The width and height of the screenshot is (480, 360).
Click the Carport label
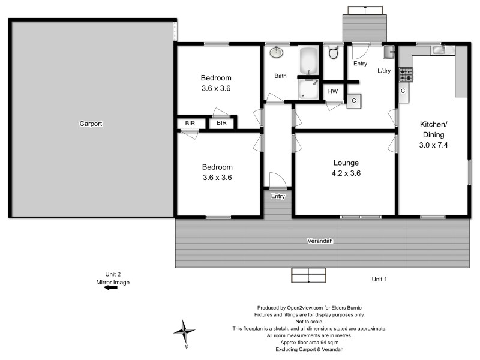[x=91, y=124]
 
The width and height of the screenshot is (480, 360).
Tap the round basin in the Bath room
[x=277, y=53]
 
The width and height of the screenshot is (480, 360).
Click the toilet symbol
[x=334, y=53]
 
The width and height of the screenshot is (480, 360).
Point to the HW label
[x=332, y=91]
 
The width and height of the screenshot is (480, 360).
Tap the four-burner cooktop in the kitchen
[x=406, y=74]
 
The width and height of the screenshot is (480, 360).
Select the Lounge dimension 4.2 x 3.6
[x=346, y=173]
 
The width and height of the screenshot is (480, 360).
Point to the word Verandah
[x=320, y=241]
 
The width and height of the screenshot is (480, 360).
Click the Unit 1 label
[x=379, y=280]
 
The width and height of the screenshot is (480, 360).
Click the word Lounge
[x=346, y=163]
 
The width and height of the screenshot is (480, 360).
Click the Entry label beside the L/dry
[x=361, y=64]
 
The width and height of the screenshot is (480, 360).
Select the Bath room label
[x=280, y=76]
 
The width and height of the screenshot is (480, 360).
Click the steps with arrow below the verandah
[x=309, y=275]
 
